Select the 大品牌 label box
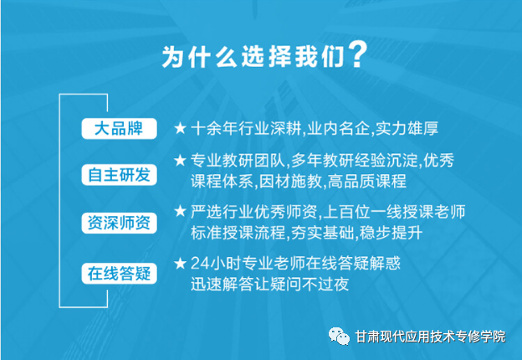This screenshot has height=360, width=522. pos(119,129)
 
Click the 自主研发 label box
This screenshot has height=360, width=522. pos(119,175)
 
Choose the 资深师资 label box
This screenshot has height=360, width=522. pos(119,223)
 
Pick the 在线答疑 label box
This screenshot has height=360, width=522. pos(119,274)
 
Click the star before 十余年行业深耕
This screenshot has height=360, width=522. pos(180,128)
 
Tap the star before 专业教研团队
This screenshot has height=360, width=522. pos(180,160)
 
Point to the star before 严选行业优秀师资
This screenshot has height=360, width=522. pos(180,211)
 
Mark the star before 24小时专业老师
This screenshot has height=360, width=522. pos(180,264)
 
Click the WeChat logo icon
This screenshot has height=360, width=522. pos(339,336)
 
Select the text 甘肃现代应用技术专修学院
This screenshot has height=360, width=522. pos(430,337)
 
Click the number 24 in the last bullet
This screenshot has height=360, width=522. pos(200,264)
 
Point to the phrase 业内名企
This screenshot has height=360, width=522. pos(338,129)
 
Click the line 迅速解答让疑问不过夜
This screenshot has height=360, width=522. pos(270,284)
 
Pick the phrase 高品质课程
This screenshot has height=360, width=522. pos(367,182)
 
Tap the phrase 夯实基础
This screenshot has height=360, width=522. pos(322,233)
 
